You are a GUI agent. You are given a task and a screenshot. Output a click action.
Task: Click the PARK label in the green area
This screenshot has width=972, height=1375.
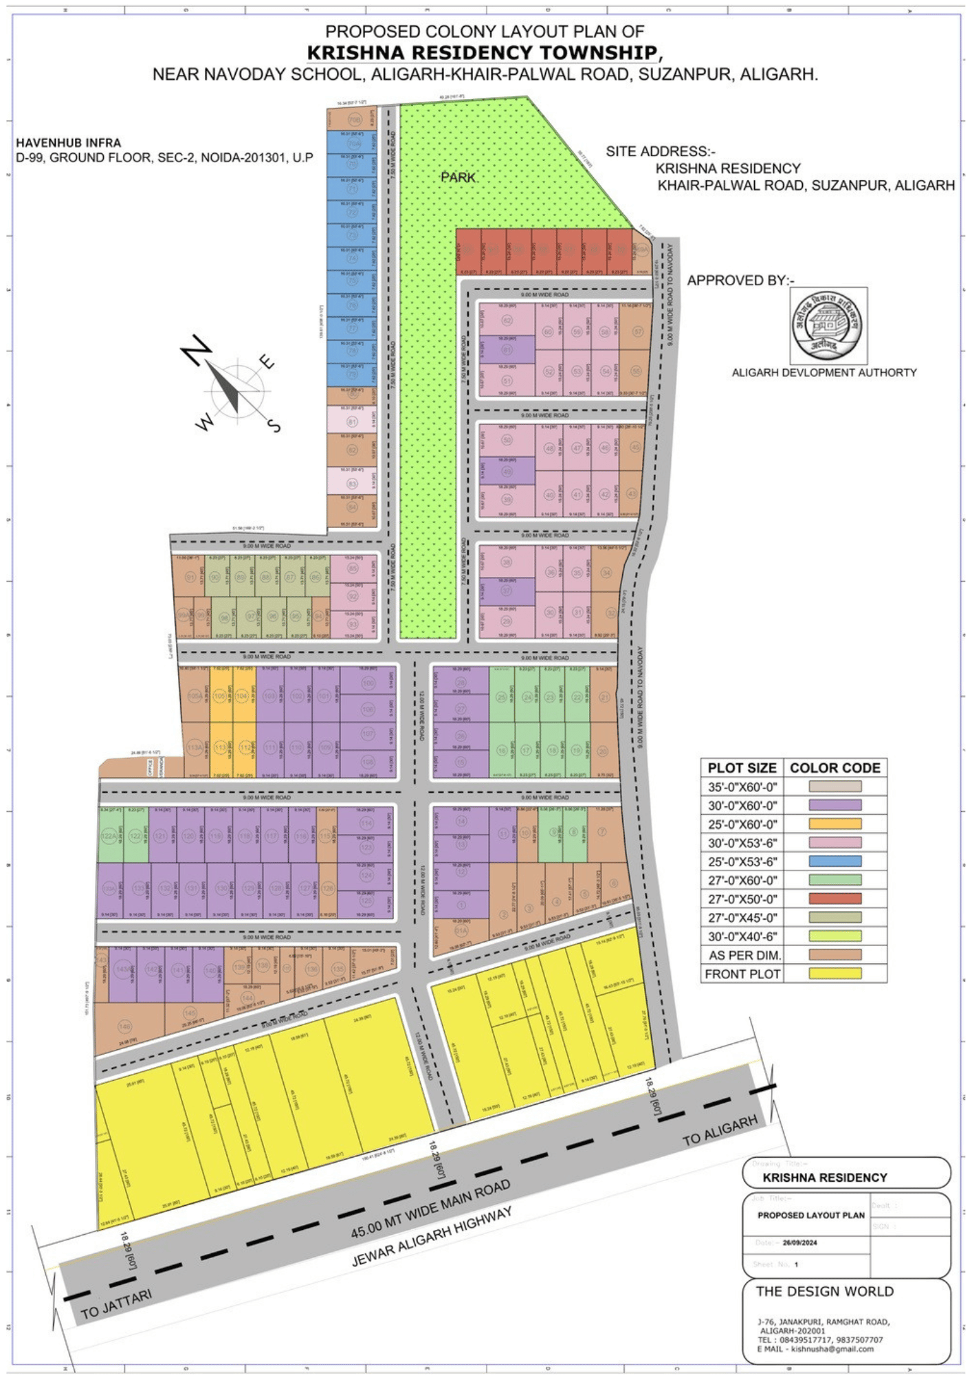pyautogui.click(x=459, y=177)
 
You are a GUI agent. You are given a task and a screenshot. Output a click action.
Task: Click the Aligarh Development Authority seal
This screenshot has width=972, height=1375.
pyautogui.click(x=828, y=325)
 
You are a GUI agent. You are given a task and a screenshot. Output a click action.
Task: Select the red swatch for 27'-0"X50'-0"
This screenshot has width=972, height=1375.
pyautogui.click(x=835, y=899)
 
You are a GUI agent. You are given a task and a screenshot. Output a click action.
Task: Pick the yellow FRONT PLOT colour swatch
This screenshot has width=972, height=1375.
pyautogui.click(x=835, y=973)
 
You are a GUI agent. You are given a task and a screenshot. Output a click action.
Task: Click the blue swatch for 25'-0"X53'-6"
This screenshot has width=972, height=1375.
pyautogui.click(x=835, y=861)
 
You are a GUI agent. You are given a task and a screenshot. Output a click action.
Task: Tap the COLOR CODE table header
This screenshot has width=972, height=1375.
pyautogui.click(x=835, y=768)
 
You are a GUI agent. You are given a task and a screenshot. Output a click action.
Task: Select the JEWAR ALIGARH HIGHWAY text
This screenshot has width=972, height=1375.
pyautogui.click(x=432, y=1237)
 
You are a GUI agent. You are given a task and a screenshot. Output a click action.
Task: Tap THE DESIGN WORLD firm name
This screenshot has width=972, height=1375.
pyautogui.click(x=824, y=1291)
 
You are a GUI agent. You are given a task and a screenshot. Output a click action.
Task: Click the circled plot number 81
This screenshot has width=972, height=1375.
pyautogui.click(x=353, y=421)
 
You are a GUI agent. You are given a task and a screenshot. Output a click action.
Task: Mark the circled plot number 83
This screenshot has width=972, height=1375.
pyautogui.click(x=353, y=483)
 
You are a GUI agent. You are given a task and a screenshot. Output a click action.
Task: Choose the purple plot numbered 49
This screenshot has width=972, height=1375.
pyautogui.click(x=507, y=472)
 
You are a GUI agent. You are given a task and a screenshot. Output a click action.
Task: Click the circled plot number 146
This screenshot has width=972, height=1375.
pyautogui.click(x=124, y=1026)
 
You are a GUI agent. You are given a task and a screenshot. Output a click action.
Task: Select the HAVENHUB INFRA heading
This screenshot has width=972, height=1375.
pyautogui.click(x=69, y=143)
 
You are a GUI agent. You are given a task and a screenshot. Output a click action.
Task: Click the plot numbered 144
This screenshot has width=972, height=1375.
pyautogui.click(x=247, y=998)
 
